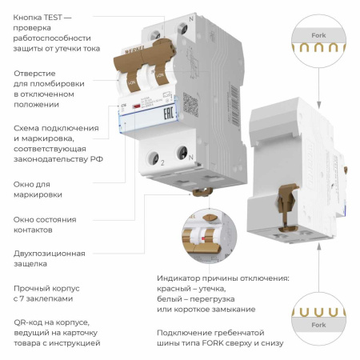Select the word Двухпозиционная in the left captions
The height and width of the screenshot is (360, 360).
tap(49, 253)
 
